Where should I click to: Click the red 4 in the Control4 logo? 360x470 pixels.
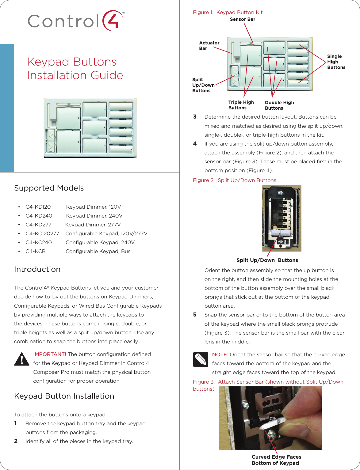[x=113, y=21]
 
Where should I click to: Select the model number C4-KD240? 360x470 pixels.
[x=39, y=216]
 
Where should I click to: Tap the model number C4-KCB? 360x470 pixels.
[x=36, y=251]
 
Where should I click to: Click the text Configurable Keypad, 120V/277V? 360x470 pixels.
[x=106, y=233]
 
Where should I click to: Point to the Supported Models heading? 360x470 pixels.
[x=49, y=188]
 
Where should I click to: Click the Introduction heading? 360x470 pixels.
[x=37, y=269]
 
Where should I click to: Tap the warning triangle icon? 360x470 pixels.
[x=22, y=359]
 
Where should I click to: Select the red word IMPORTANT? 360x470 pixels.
[x=50, y=354]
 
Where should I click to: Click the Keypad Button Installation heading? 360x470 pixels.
[x=64, y=396]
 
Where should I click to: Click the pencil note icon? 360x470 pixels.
[x=201, y=359]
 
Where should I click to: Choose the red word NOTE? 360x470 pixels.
[x=220, y=354]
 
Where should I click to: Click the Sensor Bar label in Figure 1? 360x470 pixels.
[x=243, y=19]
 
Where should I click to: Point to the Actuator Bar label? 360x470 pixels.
[x=209, y=46]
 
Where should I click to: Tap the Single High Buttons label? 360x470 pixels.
[x=336, y=62]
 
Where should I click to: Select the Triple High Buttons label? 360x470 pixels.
[x=241, y=105]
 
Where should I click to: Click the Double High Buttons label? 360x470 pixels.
[x=279, y=105]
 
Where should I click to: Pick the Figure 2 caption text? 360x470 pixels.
[x=235, y=180]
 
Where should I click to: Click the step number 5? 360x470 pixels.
[x=195, y=315]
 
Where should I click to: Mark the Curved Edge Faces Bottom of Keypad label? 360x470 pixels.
[x=276, y=460]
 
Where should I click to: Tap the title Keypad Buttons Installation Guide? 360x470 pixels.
[x=75, y=68]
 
